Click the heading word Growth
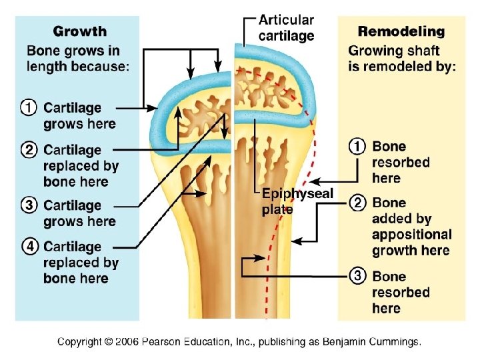79,31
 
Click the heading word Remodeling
401,31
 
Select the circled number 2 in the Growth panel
30,150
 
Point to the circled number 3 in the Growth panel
30,205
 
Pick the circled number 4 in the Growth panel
30,247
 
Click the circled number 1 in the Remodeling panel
358,147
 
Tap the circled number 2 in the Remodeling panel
358,203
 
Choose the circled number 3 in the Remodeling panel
358,276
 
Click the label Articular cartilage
286,28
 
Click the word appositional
411,235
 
